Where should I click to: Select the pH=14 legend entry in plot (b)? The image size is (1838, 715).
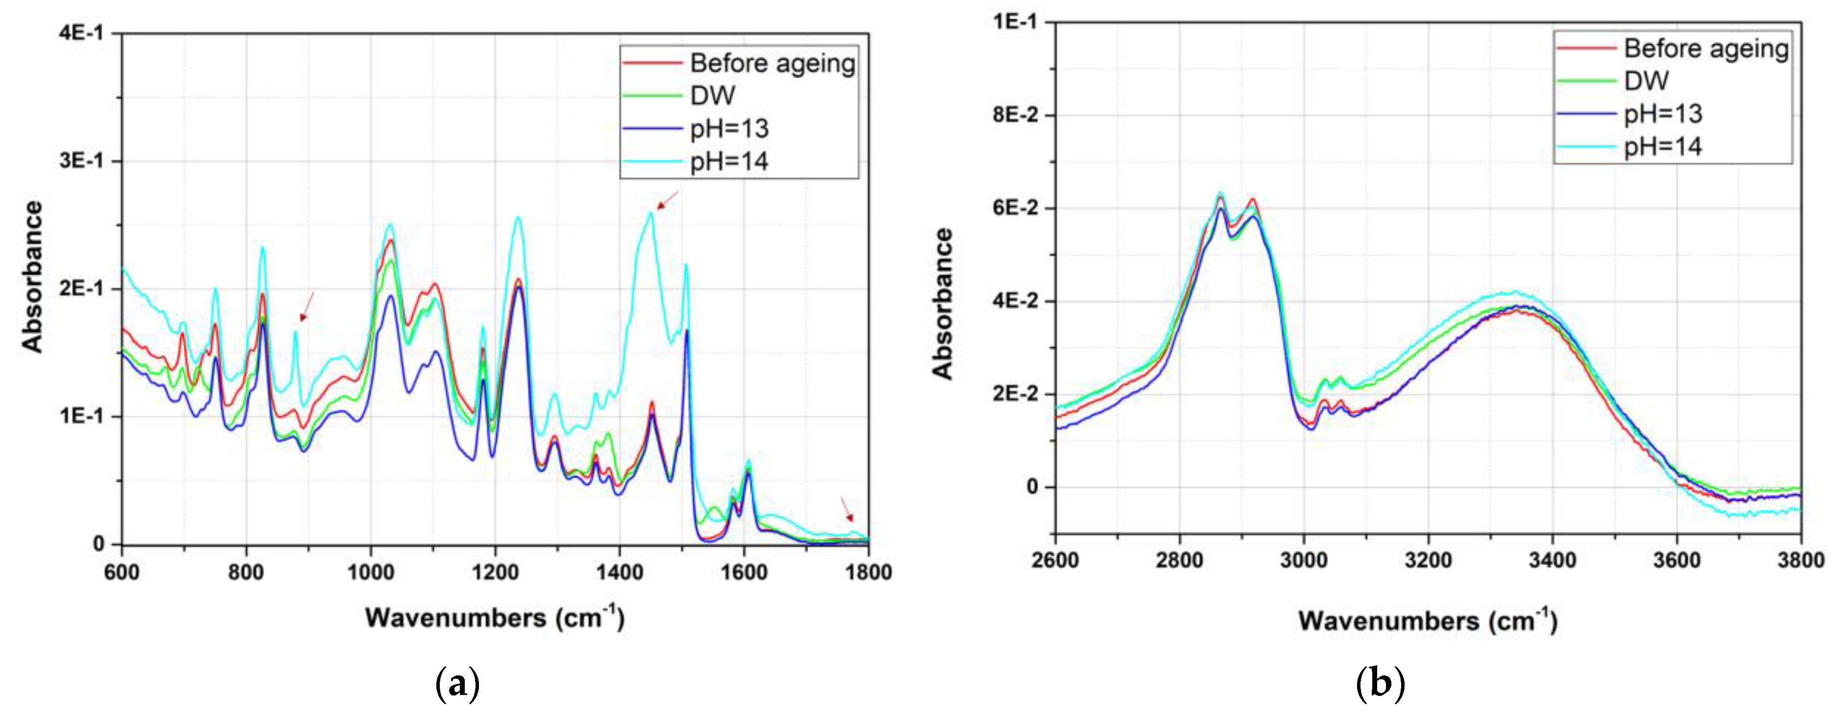pyautogui.click(x=1663, y=147)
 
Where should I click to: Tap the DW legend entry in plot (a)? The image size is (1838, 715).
pyautogui.click(x=712, y=95)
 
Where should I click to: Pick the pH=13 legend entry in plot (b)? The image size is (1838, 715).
pyautogui.click(x=1663, y=114)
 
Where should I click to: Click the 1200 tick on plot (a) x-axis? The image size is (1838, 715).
pyautogui.click(x=495, y=572)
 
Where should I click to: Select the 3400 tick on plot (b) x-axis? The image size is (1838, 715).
pyautogui.click(x=1552, y=560)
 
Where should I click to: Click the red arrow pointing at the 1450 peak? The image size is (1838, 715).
pyautogui.click(x=667, y=201)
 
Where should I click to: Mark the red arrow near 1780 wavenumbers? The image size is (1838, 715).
pyautogui.click(x=847, y=509)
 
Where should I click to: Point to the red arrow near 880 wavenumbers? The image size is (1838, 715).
pyautogui.click(x=307, y=307)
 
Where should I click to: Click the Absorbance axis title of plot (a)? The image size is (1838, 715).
pyautogui.click(x=33, y=277)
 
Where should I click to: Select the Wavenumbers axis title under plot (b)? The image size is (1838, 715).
pyautogui.click(x=1427, y=620)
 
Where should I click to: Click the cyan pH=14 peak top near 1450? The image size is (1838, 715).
pyautogui.click(x=650, y=212)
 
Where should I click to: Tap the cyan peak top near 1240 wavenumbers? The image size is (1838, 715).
pyautogui.click(x=518, y=218)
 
